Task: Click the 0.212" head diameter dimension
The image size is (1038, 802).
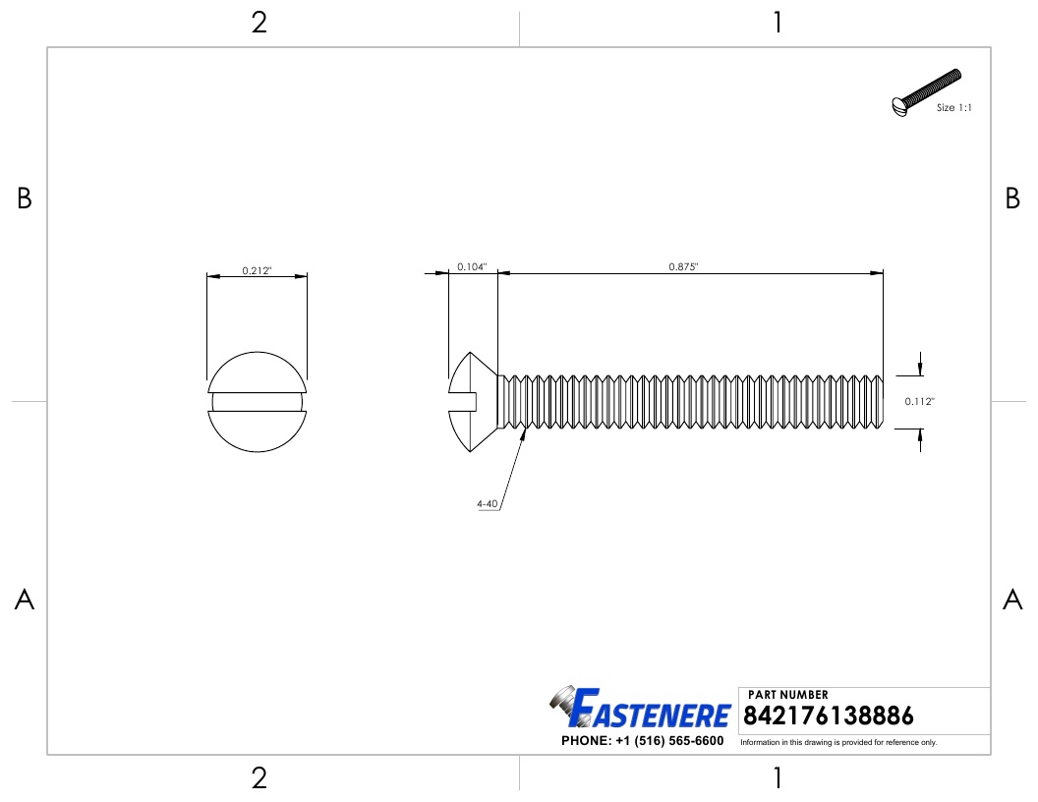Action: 257,270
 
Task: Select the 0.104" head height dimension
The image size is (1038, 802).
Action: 472,267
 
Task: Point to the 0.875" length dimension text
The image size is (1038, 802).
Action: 683,267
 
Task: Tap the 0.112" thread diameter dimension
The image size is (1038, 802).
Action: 919,401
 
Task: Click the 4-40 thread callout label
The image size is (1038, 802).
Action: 487,504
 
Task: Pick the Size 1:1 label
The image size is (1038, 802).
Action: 953,108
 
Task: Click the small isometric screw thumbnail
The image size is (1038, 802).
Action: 924,93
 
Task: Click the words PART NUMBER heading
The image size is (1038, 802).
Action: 787,695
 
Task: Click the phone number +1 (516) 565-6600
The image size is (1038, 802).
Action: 642,741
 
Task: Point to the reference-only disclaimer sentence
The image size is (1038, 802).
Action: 838,742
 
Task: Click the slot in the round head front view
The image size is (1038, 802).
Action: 257,401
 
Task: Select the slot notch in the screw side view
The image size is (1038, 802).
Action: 463,401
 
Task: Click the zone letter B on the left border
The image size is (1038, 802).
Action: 25,200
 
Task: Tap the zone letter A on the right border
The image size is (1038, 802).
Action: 1012,600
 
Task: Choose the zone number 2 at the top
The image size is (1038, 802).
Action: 259,23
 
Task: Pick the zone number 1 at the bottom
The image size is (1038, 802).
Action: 778,779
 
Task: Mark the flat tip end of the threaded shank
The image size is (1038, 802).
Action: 882,401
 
